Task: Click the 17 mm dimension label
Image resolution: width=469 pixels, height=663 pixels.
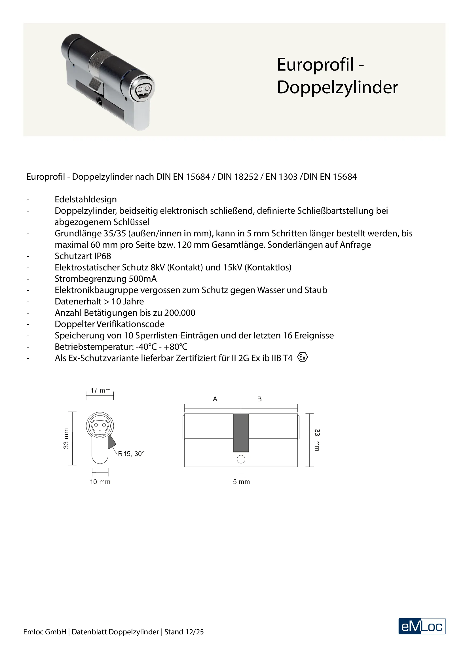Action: (100, 390)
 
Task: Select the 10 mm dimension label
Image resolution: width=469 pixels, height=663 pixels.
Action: (100, 482)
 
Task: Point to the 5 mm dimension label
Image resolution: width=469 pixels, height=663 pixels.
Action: (241, 482)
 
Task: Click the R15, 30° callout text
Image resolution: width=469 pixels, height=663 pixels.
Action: (131, 454)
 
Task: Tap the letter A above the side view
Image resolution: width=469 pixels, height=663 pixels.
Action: (215, 399)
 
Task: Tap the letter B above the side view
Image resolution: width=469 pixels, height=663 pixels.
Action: (259, 399)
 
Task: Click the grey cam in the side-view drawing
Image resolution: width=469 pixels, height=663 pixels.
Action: (241, 433)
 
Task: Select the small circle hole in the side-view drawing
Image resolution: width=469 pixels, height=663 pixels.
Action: (241, 459)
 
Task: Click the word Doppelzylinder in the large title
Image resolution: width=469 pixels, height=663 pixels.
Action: (337, 87)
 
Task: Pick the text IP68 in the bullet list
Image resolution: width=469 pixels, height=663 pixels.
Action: (103, 256)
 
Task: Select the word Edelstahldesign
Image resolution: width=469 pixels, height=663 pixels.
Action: (86, 200)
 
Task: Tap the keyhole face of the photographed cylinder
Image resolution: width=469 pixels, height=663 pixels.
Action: (142, 90)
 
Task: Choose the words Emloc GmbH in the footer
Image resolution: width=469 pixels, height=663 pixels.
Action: (45, 632)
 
